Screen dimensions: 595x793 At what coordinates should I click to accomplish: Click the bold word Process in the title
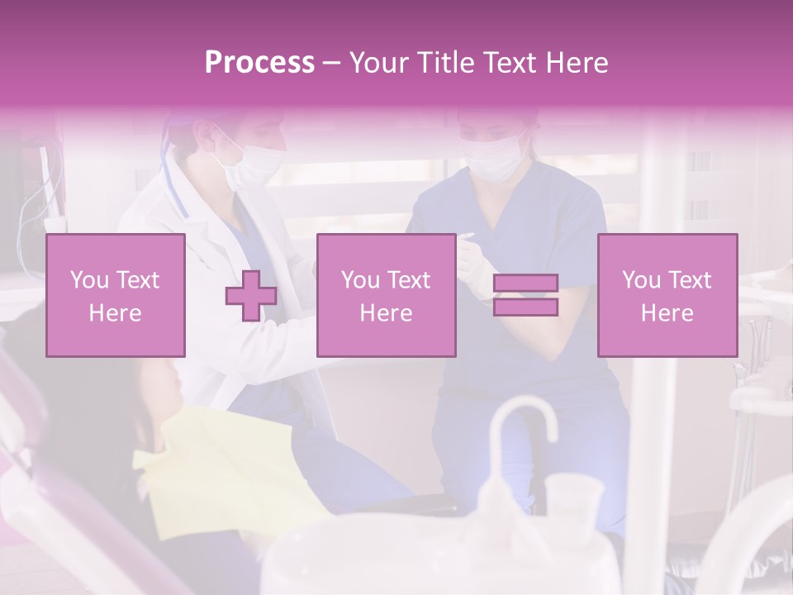click(259, 62)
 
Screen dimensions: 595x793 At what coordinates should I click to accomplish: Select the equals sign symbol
click(525, 295)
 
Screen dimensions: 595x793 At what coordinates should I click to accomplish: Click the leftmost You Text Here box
click(115, 295)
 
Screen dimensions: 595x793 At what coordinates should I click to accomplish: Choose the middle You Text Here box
click(386, 295)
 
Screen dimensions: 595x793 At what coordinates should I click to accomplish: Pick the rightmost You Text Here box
click(667, 295)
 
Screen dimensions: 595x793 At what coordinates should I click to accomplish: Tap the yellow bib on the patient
click(223, 463)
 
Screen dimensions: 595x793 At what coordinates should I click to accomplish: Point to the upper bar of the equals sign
click(525, 283)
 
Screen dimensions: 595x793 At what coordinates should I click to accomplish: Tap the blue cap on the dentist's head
click(178, 132)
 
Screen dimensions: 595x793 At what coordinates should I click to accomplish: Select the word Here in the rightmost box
click(667, 312)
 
